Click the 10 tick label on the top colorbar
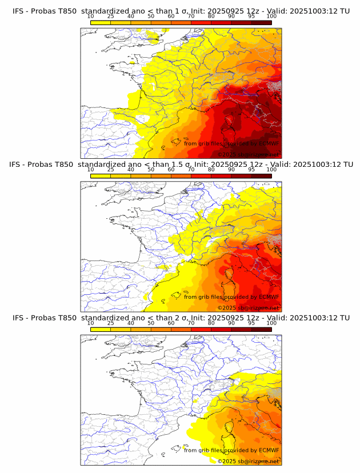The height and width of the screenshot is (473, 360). [x=90, y=16]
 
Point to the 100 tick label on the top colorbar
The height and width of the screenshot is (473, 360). [x=271, y=16]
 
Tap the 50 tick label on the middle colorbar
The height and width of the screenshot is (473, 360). [x=151, y=169]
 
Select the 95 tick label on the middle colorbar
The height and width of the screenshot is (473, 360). [x=251, y=169]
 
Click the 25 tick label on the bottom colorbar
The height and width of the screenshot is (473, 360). [x=111, y=323]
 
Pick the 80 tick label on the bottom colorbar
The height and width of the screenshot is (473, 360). [x=211, y=323]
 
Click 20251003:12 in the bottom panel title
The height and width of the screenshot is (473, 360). [x=317, y=318]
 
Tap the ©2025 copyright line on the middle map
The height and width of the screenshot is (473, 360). [x=248, y=307]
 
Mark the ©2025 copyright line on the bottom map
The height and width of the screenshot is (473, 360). [x=248, y=460]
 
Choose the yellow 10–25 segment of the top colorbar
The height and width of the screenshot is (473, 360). [x=101, y=22]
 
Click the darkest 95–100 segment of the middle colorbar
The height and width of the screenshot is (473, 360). [x=262, y=175]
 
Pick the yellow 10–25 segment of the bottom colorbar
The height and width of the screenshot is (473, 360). [x=101, y=329]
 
